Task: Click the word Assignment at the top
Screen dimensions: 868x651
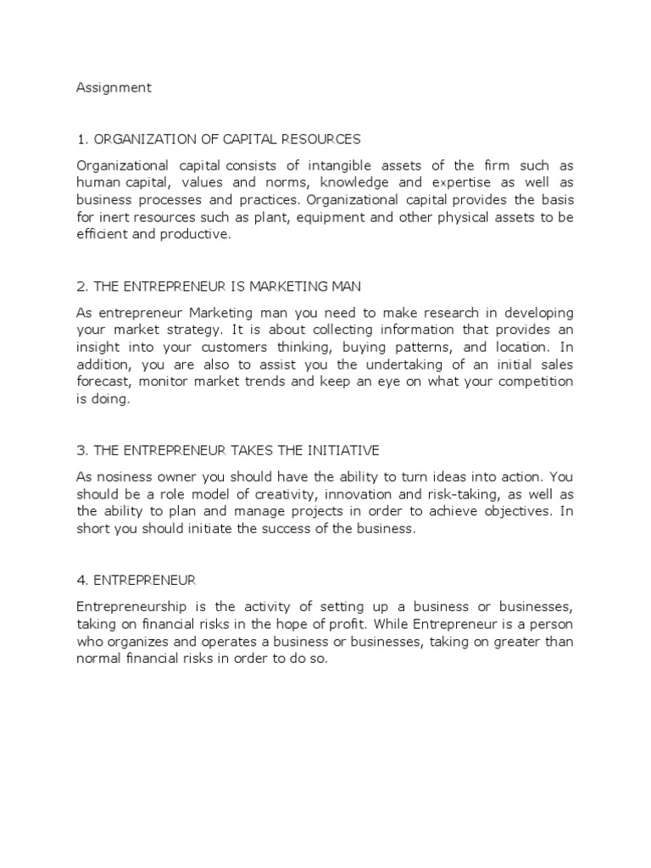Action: pyautogui.click(x=114, y=87)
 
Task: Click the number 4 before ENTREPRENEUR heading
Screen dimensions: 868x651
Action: pyautogui.click(x=81, y=580)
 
